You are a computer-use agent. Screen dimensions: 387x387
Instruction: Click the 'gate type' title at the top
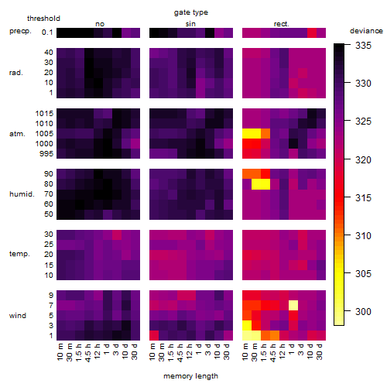[x=191, y=12]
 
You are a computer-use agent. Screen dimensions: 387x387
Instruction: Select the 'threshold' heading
[x=43, y=19]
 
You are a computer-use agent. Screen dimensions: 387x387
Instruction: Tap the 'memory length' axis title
[x=190, y=376]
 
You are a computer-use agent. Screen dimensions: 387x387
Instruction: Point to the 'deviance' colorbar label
[x=366, y=31]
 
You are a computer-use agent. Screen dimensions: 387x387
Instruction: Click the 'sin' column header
[x=190, y=24]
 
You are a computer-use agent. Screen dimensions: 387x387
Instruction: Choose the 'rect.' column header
[x=282, y=24]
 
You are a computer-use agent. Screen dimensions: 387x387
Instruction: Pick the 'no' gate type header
[x=100, y=24]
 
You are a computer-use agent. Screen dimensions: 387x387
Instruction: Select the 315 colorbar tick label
[x=363, y=198]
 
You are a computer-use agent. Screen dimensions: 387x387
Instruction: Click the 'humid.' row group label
[x=22, y=194]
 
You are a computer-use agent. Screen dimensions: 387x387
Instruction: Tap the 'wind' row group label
[x=18, y=316]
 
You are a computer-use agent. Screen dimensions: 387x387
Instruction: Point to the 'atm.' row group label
[x=17, y=134]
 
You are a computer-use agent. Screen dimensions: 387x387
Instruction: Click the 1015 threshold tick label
[x=44, y=114]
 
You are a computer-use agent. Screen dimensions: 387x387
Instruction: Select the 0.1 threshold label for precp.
[x=47, y=33]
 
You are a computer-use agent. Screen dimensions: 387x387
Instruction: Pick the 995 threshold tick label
[x=46, y=154]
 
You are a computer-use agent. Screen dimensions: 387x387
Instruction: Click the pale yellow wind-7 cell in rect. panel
[x=293, y=306]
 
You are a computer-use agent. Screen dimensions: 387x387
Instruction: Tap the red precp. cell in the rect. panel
[x=312, y=33]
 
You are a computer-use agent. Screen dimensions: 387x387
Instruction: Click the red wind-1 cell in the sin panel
[x=154, y=336]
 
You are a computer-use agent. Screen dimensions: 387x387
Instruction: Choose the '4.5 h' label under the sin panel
[x=180, y=352]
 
